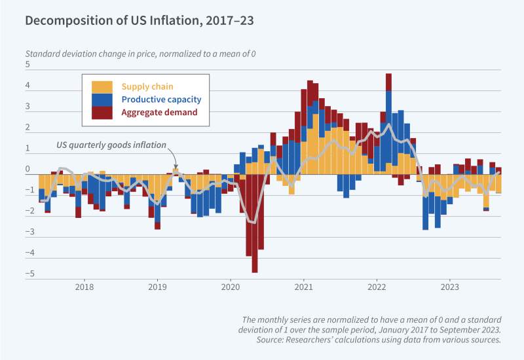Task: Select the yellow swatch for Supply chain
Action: click(102, 86)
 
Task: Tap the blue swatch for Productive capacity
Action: click(102, 99)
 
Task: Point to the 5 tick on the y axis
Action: click(28, 65)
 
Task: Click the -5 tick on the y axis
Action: click(26, 274)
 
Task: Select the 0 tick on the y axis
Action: click(28, 170)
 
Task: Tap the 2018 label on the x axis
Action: click(84, 287)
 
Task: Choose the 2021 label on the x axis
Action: click(303, 287)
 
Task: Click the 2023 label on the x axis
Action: click(449, 287)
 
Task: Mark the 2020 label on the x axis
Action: click(231, 287)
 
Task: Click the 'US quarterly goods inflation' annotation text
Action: click(109, 145)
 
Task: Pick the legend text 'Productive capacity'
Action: click(161, 99)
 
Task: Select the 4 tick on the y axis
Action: click(28, 86)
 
